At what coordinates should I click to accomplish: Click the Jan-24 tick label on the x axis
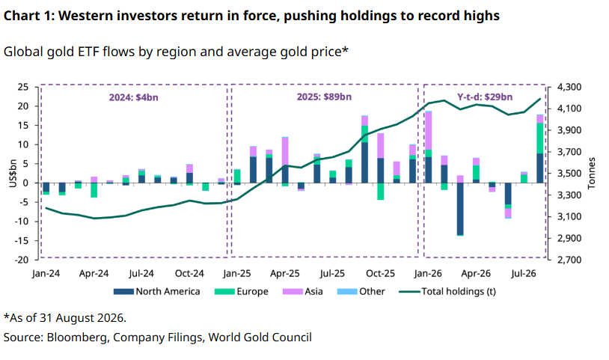pyautogui.click(x=46, y=273)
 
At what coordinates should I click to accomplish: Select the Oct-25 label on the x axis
pyautogui.click(x=380, y=273)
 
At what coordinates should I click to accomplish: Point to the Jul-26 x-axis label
pyautogui.click(x=524, y=273)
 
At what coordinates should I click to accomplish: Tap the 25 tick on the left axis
pyautogui.click(x=23, y=87)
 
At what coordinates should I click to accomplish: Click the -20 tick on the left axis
pyautogui.click(x=22, y=260)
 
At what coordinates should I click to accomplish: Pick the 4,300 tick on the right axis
pyautogui.click(x=569, y=87)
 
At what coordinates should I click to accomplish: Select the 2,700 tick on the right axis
pyautogui.click(x=569, y=260)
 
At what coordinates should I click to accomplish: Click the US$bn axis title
pyautogui.click(x=13, y=173)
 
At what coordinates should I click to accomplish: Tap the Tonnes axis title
pyautogui.click(x=592, y=173)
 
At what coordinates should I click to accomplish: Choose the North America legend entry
pyautogui.click(x=157, y=291)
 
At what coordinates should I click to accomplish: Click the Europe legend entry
pyautogui.click(x=241, y=291)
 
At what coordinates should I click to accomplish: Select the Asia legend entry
pyautogui.click(x=302, y=291)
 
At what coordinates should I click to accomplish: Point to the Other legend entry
pyautogui.click(x=361, y=291)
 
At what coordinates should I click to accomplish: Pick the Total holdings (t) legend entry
pyautogui.click(x=448, y=291)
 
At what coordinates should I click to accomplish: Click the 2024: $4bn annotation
pyautogui.click(x=134, y=97)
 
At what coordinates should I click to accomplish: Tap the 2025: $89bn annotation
pyautogui.click(x=324, y=97)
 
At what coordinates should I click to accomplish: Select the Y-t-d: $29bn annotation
pyautogui.click(x=485, y=97)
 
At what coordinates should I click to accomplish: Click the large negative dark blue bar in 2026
pyautogui.click(x=460, y=209)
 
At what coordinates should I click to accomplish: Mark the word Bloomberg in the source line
pyautogui.click(x=77, y=338)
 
